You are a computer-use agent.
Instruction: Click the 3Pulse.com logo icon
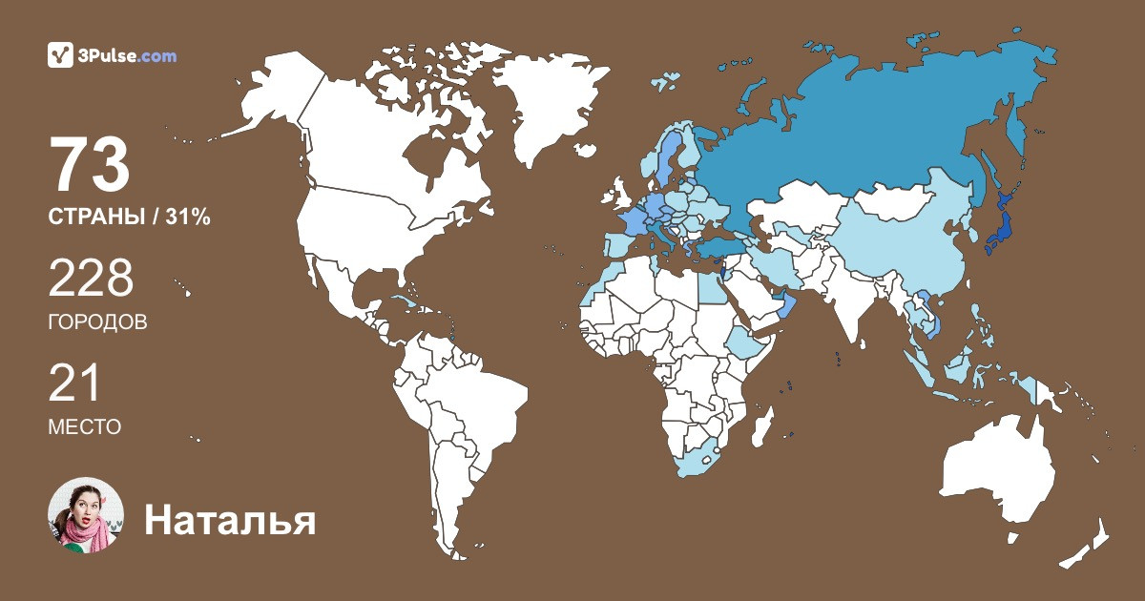pyautogui.click(x=61, y=55)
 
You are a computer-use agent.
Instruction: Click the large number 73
pyautogui.click(x=90, y=165)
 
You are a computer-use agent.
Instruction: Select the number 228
pyautogui.click(x=91, y=280)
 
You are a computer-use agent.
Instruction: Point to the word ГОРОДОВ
pyautogui.click(x=97, y=322)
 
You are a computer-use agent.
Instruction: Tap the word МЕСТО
pyautogui.click(x=84, y=427)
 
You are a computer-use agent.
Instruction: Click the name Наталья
pyautogui.click(x=229, y=521)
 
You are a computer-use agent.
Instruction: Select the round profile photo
pyautogui.click(x=86, y=515)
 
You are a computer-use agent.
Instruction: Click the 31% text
pyautogui.click(x=188, y=218)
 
